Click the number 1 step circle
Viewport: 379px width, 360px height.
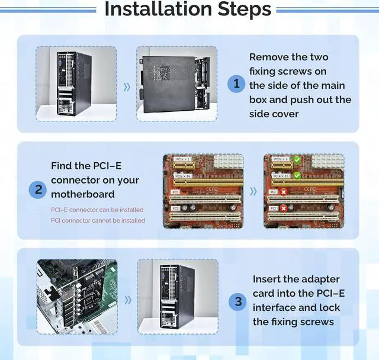tap(237, 83)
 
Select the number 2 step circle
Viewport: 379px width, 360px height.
tap(38, 190)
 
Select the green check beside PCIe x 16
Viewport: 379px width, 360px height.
tap(297, 175)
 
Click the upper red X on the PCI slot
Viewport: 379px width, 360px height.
tap(284, 192)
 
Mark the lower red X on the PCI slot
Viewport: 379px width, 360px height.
tap(284, 208)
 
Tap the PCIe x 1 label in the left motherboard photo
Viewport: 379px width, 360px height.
tap(184, 160)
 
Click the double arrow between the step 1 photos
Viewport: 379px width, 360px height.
tap(126, 86)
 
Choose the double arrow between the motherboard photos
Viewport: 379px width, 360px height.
tap(253, 191)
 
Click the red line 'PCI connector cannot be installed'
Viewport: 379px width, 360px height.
tap(98, 220)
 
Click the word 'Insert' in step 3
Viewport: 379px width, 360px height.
tap(267, 278)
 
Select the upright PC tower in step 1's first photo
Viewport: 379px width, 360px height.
tap(75, 84)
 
